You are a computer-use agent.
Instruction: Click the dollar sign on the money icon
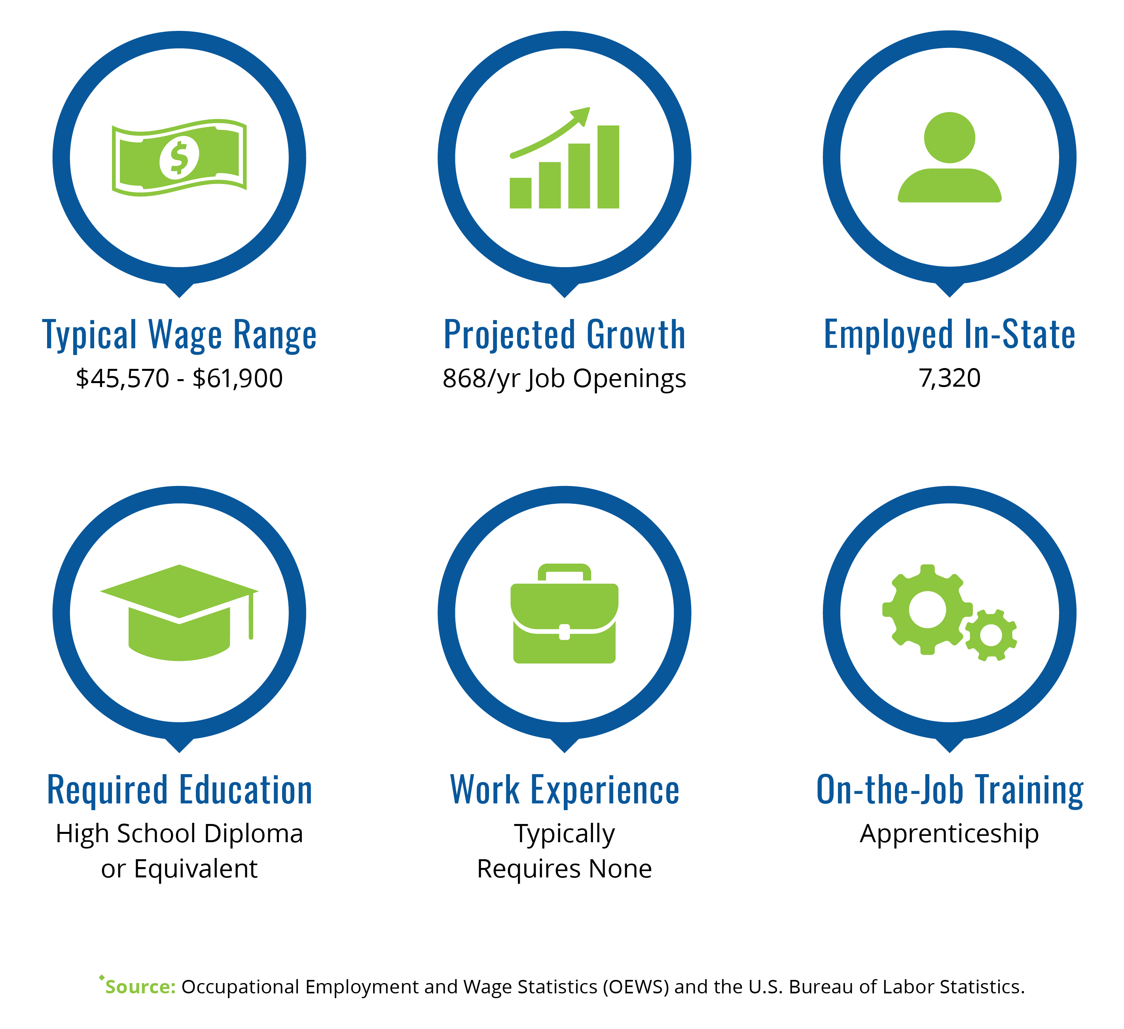pyautogui.click(x=179, y=158)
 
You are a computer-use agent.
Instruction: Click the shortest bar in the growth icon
pyautogui.click(x=520, y=193)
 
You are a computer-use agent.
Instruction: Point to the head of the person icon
pyautogui.click(x=950, y=138)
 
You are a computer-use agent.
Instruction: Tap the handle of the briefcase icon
pyautogui.click(x=564, y=571)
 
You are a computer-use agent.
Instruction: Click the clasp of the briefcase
pyautogui.click(x=564, y=632)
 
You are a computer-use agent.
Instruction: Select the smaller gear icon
pyautogui.click(x=991, y=635)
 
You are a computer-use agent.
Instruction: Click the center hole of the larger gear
pyautogui.click(x=928, y=609)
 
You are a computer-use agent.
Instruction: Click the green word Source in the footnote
pyautogui.click(x=140, y=987)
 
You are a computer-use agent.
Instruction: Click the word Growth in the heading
pyautogui.click(x=636, y=335)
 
